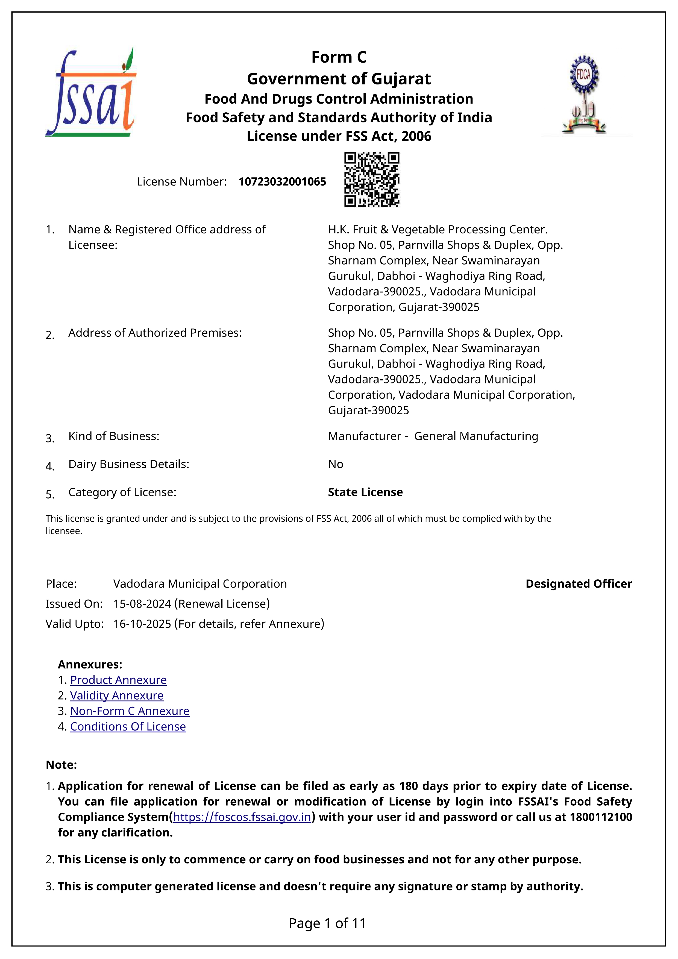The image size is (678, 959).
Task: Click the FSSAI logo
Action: pos(91,92)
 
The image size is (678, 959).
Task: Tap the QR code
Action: pos(371,180)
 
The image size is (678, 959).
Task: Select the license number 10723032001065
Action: pos(282,182)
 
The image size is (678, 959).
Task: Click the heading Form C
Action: pos(339,57)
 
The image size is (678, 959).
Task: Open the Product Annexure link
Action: pos(118,680)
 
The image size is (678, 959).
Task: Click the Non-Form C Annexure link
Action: pos(130,711)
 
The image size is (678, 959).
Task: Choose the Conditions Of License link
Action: pos(128,726)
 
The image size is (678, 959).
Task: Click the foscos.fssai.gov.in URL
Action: pos(242,817)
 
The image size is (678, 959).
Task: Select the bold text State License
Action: pos(365,492)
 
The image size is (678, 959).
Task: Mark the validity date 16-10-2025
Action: pos(142,624)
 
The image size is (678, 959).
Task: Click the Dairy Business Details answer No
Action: pos(336,464)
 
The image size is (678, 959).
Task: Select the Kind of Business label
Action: pos(114,436)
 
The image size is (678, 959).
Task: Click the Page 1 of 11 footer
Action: pos(327,923)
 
